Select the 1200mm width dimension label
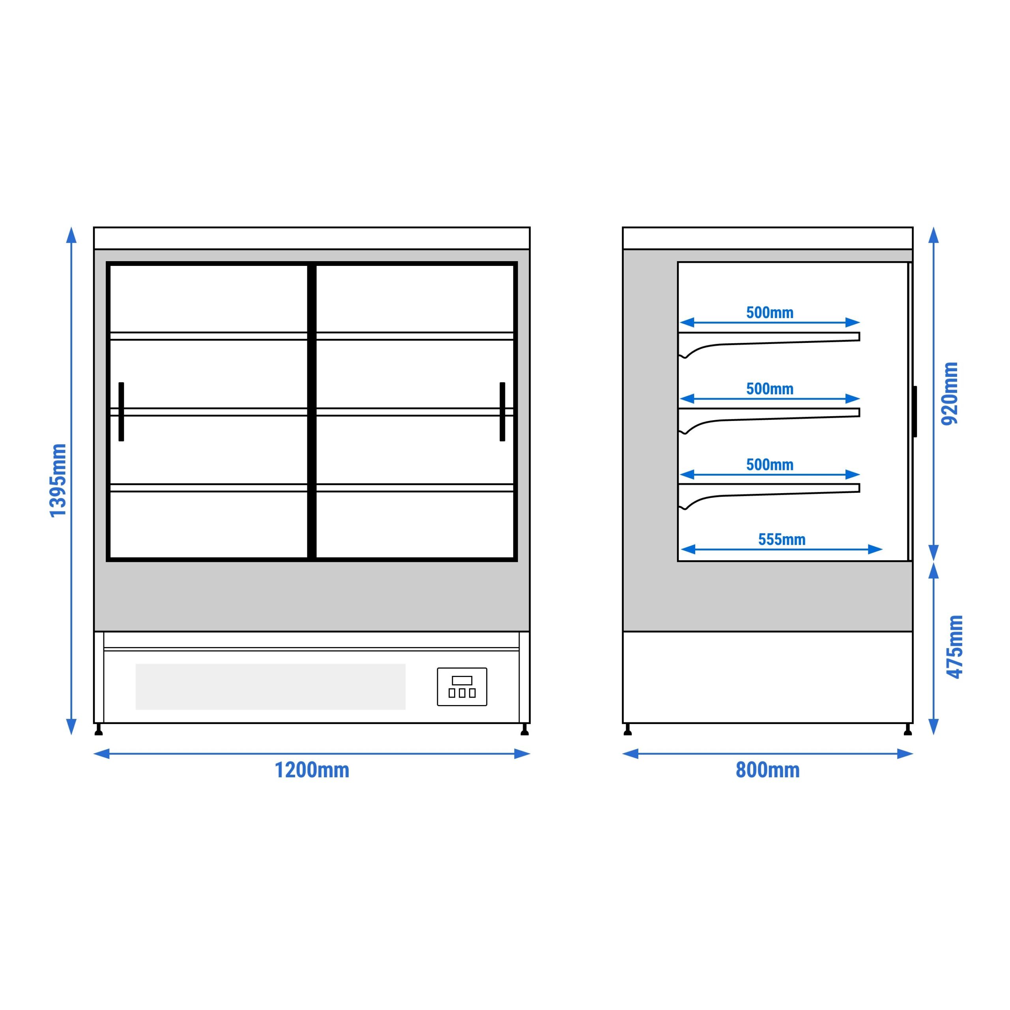312,770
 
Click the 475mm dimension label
955,647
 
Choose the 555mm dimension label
782,539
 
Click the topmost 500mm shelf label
769,312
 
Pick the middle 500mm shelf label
769,389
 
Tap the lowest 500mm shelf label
769,465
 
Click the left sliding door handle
121,412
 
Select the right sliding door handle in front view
502,412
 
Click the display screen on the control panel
462,680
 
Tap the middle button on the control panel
462,693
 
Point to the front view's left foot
99,729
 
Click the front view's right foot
525,729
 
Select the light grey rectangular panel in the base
270,687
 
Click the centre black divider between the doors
312,412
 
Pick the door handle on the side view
915,412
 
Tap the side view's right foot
907,729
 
